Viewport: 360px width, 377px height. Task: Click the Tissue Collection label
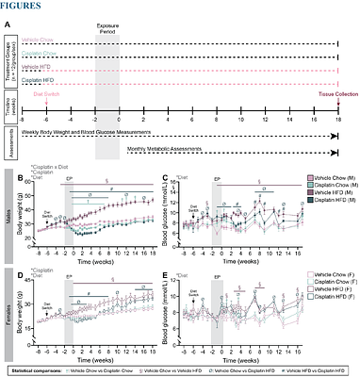[x=335, y=107]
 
